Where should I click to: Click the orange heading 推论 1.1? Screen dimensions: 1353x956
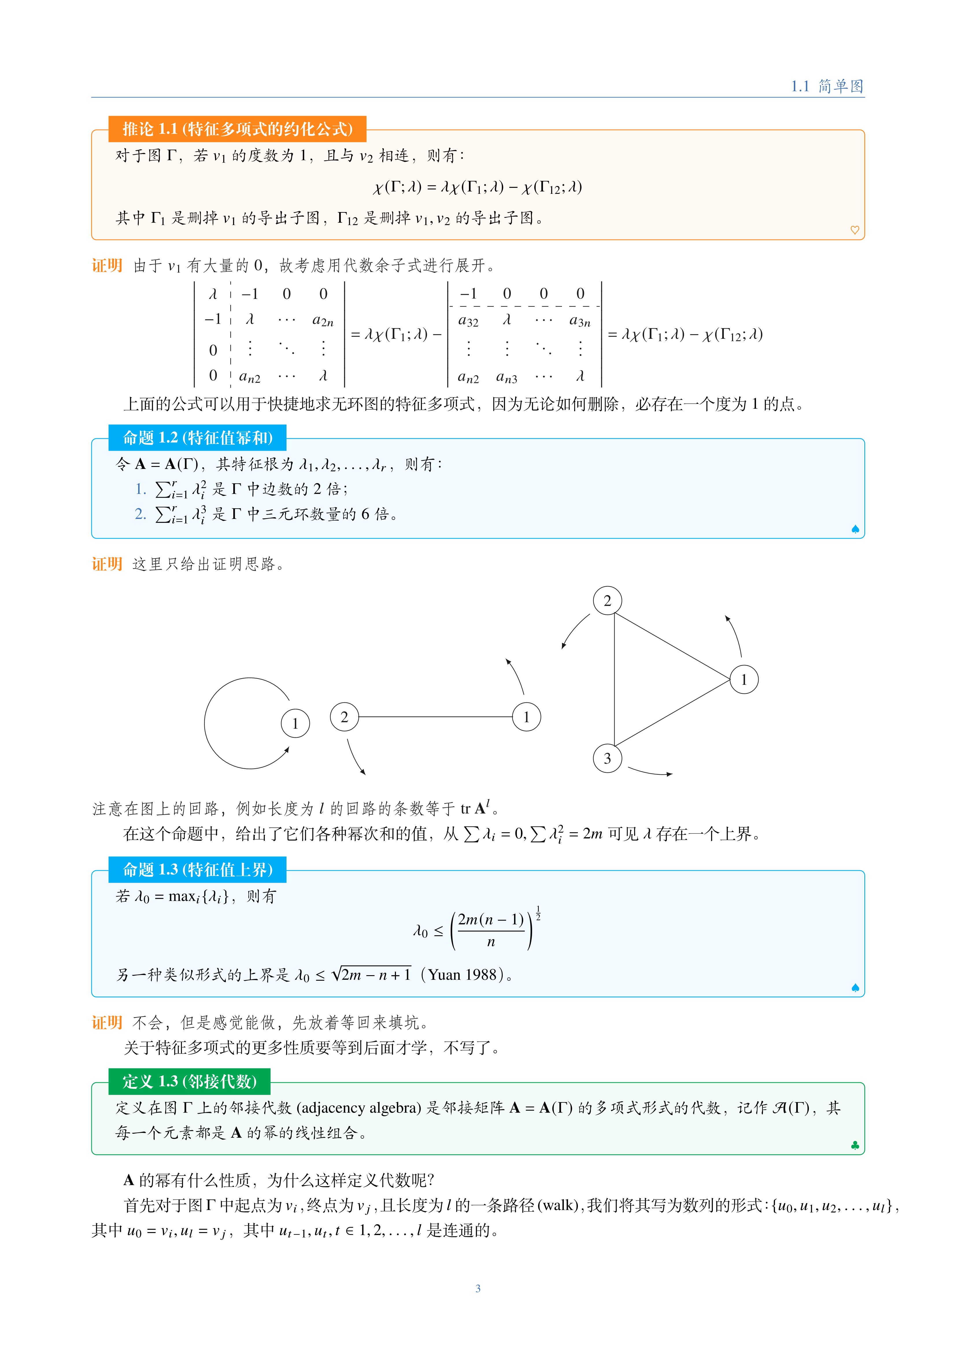237,129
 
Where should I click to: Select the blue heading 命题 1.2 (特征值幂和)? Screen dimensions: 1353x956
197,438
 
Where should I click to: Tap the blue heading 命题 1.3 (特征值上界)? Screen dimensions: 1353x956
197,870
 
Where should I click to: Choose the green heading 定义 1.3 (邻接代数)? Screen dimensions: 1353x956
189,1081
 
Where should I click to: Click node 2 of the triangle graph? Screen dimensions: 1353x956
607,601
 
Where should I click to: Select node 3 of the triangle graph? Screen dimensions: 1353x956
607,759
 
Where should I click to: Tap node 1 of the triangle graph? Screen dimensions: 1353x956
744,680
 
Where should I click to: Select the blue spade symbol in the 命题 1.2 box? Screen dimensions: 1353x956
855,529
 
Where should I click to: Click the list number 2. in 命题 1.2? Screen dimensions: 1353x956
140,514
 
